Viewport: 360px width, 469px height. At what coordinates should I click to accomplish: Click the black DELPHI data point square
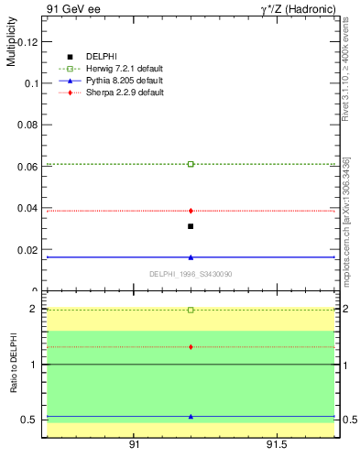[191, 226]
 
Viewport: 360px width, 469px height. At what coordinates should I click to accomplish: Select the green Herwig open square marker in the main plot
[191, 164]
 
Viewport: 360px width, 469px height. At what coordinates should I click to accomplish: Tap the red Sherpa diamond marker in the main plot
[191, 211]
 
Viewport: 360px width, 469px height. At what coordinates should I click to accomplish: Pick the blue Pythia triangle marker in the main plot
[191, 257]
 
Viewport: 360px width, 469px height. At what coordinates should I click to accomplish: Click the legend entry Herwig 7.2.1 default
[125, 69]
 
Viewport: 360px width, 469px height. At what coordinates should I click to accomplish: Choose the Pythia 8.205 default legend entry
[125, 81]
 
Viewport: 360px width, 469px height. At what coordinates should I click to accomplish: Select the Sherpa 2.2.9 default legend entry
[125, 93]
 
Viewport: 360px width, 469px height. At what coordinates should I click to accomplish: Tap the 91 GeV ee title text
[71, 9]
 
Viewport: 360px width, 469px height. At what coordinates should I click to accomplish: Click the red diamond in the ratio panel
[191, 347]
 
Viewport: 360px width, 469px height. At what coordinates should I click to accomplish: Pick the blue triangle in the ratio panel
[191, 416]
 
